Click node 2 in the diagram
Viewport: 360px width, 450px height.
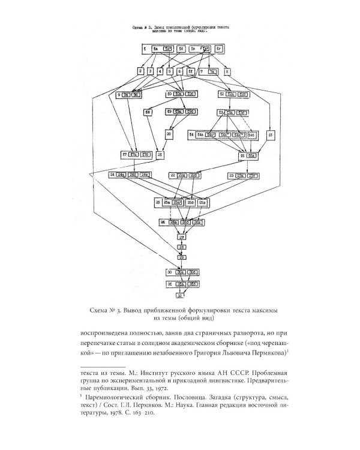pyautogui.click(x=140, y=71)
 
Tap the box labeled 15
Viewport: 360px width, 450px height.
pyautogui.click(x=271, y=135)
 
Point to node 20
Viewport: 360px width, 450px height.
pyautogui.click(x=170, y=135)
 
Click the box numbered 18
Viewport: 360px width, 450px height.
pyautogui.click(x=148, y=112)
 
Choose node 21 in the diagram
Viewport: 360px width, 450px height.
pyautogui.click(x=159, y=155)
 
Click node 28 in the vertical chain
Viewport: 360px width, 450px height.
pyautogui.click(x=181, y=247)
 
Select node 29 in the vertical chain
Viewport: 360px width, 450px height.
pyautogui.click(x=181, y=257)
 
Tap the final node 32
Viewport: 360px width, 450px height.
pyautogui.click(x=179, y=295)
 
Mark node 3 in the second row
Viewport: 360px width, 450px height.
pyautogui.click(x=151, y=71)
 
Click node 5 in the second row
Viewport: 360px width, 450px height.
pyautogui.click(x=170, y=71)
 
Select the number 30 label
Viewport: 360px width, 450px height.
pyautogui.click(x=170, y=272)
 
